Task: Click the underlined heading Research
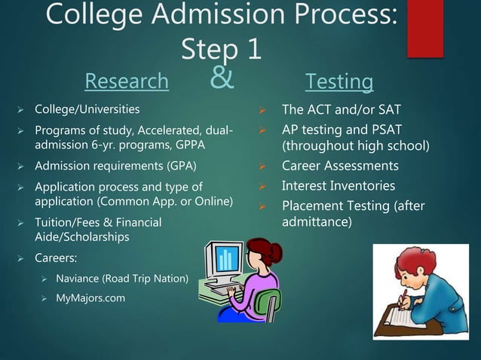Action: pyautogui.click(x=127, y=81)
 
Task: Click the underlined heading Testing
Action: pyautogui.click(x=339, y=81)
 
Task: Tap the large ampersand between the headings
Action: pyautogui.click(x=219, y=77)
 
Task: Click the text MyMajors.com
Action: pyautogui.click(x=91, y=298)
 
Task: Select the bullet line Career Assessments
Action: pyautogui.click(x=340, y=166)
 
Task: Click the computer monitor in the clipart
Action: pyautogui.click(x=226, y=264)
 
